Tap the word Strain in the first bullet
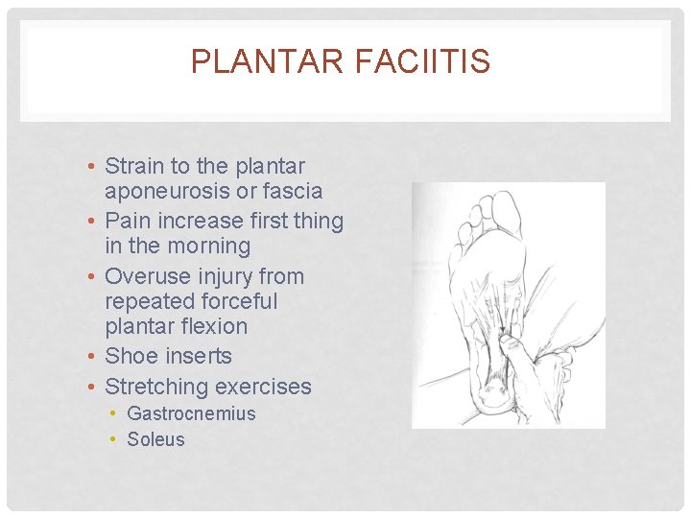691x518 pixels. point(134,166)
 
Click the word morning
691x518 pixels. point(205,247)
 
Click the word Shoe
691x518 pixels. point(130,356)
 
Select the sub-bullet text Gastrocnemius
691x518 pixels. point(191,413)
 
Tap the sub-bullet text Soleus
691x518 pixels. point(155,439)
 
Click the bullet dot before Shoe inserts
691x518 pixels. point(89,357)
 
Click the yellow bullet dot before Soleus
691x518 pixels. point(113,440)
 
